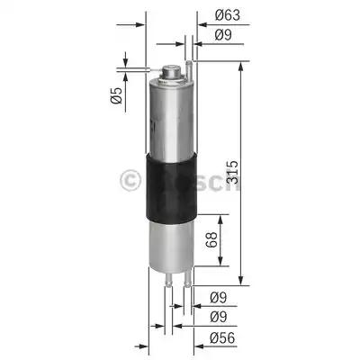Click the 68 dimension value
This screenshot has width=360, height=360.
point(208,241)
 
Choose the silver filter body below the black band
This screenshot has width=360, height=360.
point(169,243)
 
